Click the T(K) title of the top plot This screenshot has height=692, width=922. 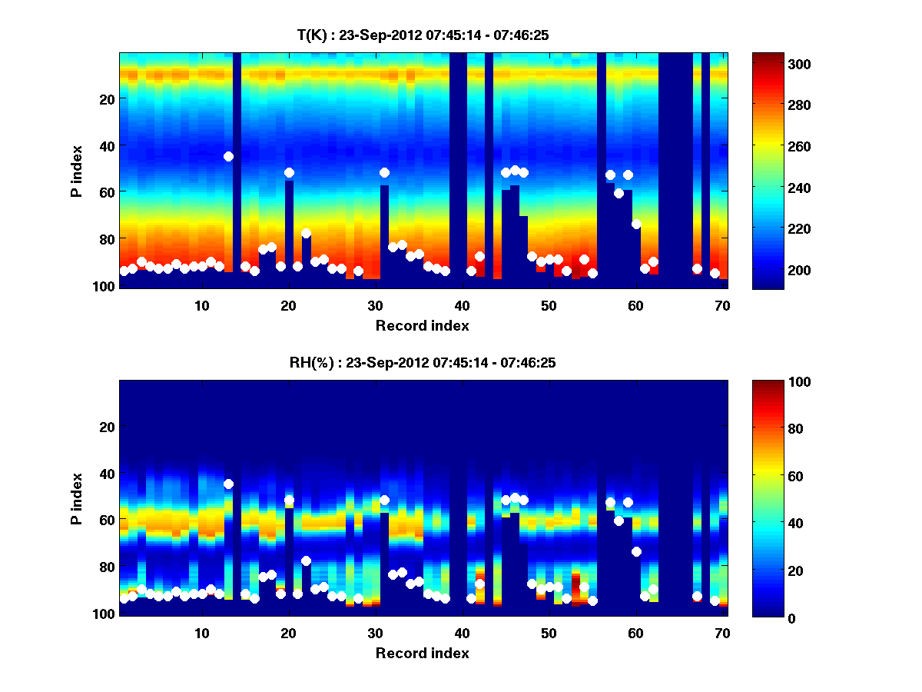click(422, 35)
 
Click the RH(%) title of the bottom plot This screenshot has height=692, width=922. click(422, 362)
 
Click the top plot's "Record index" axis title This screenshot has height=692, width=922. click(422, 325)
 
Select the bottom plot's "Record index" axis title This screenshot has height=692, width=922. click(422, 653)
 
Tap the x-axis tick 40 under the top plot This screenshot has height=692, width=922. click(462, 305)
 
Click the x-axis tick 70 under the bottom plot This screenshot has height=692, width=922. click(722, 633)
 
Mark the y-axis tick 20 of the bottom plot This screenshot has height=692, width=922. click(107, 427)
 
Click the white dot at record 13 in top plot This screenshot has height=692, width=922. click(228, 156)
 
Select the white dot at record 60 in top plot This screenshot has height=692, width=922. click(636, 224)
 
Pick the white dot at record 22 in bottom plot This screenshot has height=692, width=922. click(306, 561)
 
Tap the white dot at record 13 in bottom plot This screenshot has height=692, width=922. click(228, 484)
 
